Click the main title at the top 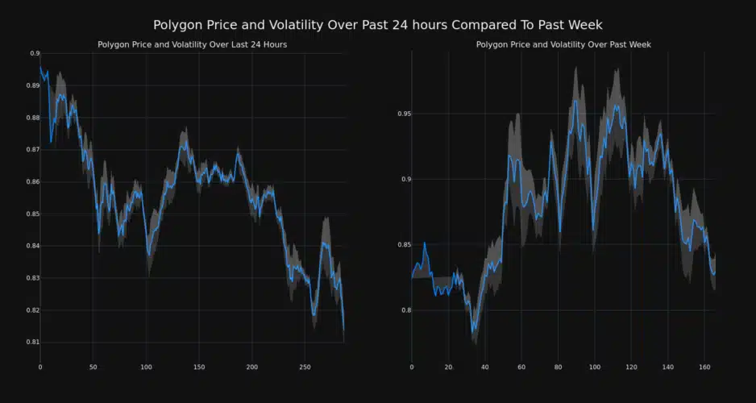pyautogui.click(x=377, y=25)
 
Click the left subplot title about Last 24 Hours pyautogui.click(x=192, y=44)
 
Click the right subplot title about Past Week pyautogui.click(x=563, y=44)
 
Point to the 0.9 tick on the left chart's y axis pyautogui.click(x=35, y=53)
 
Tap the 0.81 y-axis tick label pyautogui.click(x=33, y=343)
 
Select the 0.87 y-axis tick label pyautogui.click(x=33, y=150)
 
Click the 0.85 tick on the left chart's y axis pyautogui.click(x=33, y=214)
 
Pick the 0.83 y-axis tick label pyautogui.click(x=33, y=278)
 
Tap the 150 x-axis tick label pyautogui.click(x=199, y=368)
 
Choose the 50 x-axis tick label pyautogui.click(x=93, y=368)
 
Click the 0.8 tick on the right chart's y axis pyautogui.click(x=406, y=310)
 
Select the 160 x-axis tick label pyautogui.click(x=704, y=368)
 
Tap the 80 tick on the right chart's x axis pyautogui.click(x=558, y=368)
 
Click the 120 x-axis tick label pyautogui.click(x=631, y=368)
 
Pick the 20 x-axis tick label pyautogui.click(x=448, y=368)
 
